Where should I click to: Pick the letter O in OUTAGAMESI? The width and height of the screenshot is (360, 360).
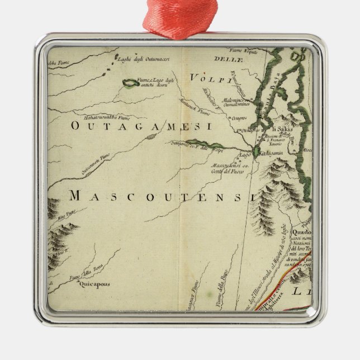[x=76, y=127]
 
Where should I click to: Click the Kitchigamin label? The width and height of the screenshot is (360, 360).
[x=272, y=153]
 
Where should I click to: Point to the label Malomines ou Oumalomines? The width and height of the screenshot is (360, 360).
[x=241, y=98]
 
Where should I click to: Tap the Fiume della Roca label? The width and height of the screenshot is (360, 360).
[x=79, y=274]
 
